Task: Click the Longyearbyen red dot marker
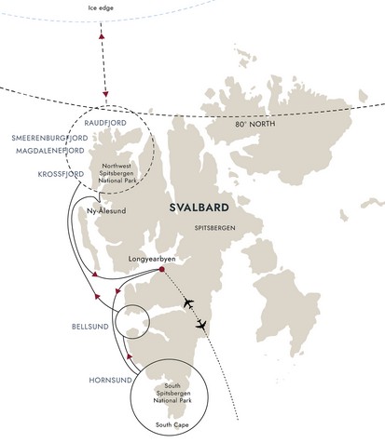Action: [161, 269]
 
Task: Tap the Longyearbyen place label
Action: [152, 260]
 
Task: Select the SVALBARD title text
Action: [199, 208]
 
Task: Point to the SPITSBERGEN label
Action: [214, 228]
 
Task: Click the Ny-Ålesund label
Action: [106, 211]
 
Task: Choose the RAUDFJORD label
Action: [105, 123]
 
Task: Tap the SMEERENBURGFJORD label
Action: [49, 138]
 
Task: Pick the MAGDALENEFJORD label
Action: [50, 151]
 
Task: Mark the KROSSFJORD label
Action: [61, 174]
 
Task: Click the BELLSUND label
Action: [90, 327]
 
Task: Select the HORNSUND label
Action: [110, 381]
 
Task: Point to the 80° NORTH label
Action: [255, 124]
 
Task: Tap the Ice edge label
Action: [101, 8]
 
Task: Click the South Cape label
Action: [172, 424]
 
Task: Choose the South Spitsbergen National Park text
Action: [172, 394]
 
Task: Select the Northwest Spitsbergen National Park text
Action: [117, 173]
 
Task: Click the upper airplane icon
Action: [188, 302]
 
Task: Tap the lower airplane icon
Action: [201, 325]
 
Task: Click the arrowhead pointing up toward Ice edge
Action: [102, 36]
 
